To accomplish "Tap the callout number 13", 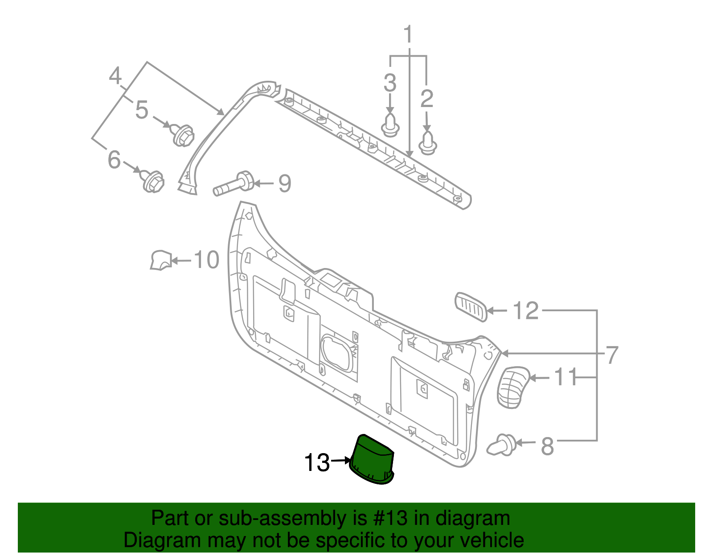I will pyautogui.click(x=316, y=462).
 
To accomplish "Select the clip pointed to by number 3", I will pyautogui.click(x=390, y=125).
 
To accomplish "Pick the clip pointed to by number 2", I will pyautogui.click(x=428, y=143).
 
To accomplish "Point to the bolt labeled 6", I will pyautogui.click(x=153, y=181).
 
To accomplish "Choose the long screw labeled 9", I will pyautogui.click(x=234, y=184).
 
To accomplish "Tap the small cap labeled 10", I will pyautogui.click(x=160, y=260).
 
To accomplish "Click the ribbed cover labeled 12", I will pyautogui.click(x=471, y=306).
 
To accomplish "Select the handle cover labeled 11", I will pyautogui.click(x=512, y=387).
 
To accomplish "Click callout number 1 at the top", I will pyautogui.click(x=408, y=34).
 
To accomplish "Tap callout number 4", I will pyautogui.click(x=115, y=76).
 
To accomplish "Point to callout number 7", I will pyautogui.click(x=612, y=355).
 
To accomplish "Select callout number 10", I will pyautogui.click(x=207, y=260).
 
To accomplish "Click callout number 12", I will pyautogui.click(x=526, y=310).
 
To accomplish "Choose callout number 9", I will pyautogui.click(x=285, y=183).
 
